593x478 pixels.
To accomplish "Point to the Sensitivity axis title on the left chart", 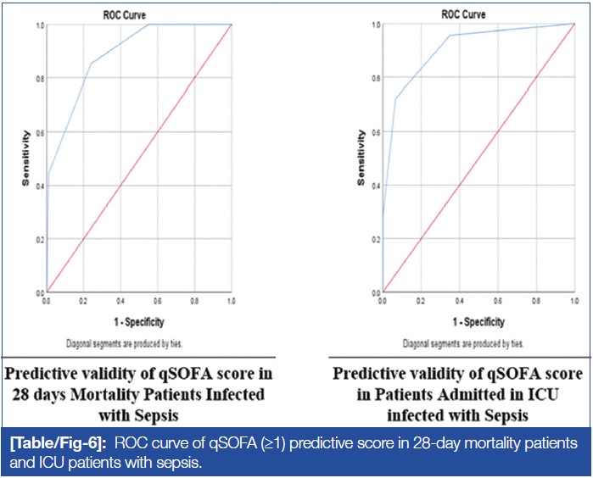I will (28, 158).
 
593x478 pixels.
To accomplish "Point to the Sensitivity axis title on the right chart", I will (362, 158).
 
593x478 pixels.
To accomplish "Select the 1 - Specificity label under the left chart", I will (139, 322).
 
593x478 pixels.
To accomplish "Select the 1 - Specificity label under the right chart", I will (478, 322).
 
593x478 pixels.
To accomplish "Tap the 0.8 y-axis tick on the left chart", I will (40, 79).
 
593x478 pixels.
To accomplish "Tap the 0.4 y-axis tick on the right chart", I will (375, 185).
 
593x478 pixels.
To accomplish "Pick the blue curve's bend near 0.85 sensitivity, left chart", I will (91, 63).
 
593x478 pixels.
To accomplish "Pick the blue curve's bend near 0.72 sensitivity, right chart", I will (395, 98).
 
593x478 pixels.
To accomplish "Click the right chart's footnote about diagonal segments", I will (464, 344).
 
